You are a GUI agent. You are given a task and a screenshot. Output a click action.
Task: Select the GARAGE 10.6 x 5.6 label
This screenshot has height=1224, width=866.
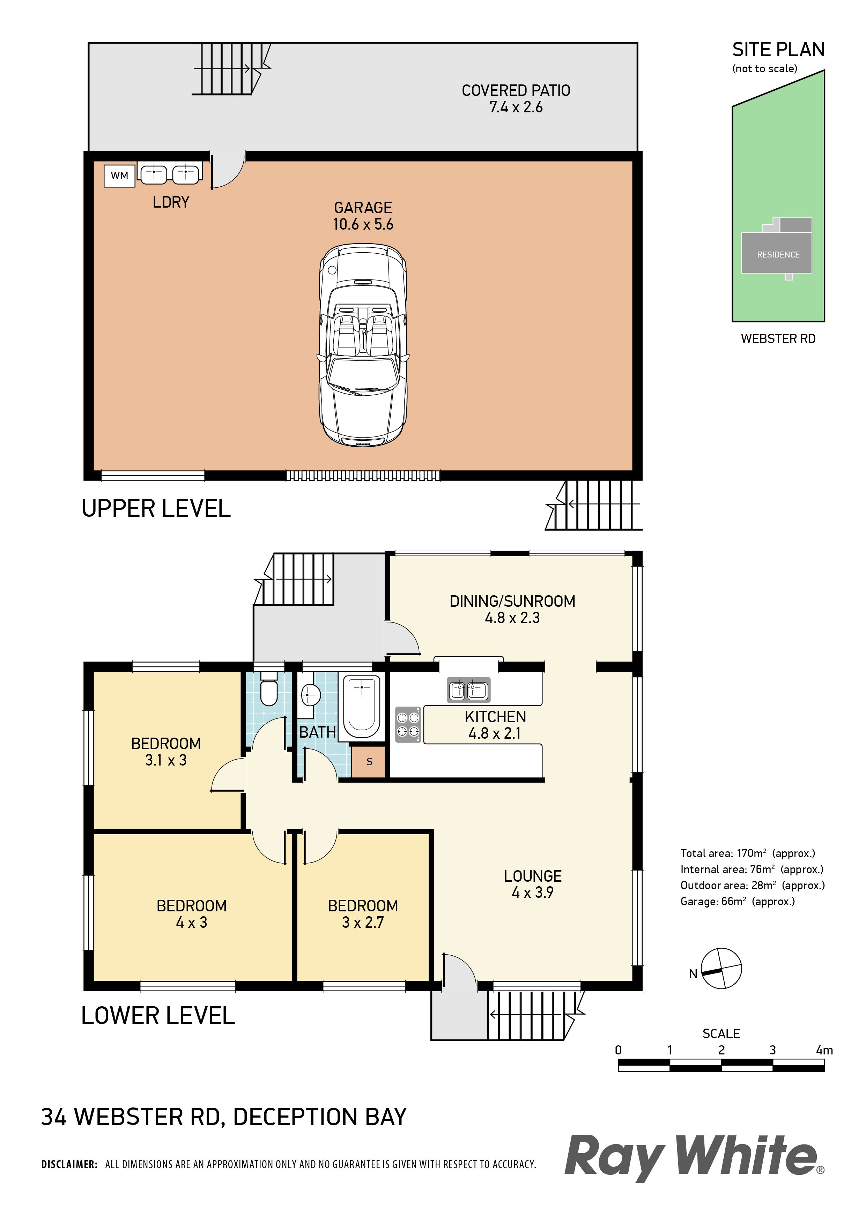363,216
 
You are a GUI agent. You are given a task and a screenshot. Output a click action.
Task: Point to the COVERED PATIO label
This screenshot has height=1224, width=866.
516,91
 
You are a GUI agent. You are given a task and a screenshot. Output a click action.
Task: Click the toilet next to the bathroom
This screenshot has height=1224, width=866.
268,688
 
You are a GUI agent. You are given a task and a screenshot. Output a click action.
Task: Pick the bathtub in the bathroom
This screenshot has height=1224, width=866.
362,707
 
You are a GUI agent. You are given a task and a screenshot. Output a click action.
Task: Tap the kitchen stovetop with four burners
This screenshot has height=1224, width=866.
408,724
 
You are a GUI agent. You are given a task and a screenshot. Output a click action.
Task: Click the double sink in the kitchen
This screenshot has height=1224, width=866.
468,691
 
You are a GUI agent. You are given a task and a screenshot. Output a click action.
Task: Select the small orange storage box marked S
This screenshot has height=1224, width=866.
369,761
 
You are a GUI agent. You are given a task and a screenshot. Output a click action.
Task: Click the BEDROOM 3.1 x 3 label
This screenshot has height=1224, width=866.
166,752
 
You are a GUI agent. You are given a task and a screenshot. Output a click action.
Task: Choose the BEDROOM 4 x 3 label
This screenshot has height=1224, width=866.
191,914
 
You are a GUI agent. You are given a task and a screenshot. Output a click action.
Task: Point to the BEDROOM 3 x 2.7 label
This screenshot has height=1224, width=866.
363,914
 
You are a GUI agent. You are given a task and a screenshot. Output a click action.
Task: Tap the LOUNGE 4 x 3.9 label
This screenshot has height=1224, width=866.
533,884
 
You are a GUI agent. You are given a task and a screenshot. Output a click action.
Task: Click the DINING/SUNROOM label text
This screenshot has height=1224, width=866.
512,601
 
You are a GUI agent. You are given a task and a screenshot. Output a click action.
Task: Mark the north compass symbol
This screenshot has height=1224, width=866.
721,969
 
